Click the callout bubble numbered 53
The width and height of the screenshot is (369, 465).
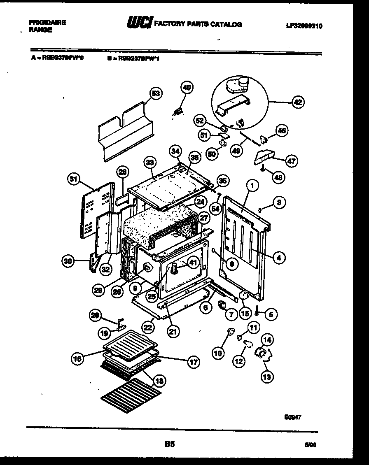(x=155, y=93)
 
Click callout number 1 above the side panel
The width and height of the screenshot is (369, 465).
(x=253, y=186)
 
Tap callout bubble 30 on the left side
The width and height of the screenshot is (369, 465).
(x=68, y=260)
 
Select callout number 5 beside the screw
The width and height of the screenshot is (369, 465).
(x=271, y=314)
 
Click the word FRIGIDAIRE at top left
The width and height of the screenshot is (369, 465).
(x=47, y=23)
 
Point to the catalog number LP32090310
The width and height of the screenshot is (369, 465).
(x=304, y=26)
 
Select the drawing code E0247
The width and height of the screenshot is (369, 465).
(x=292, y=416)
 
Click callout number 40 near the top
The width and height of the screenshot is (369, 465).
(x=187, y=87)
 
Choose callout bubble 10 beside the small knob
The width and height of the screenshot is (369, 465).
(x=218, y=352)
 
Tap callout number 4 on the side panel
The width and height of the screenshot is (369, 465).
(x=279, y=258)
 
